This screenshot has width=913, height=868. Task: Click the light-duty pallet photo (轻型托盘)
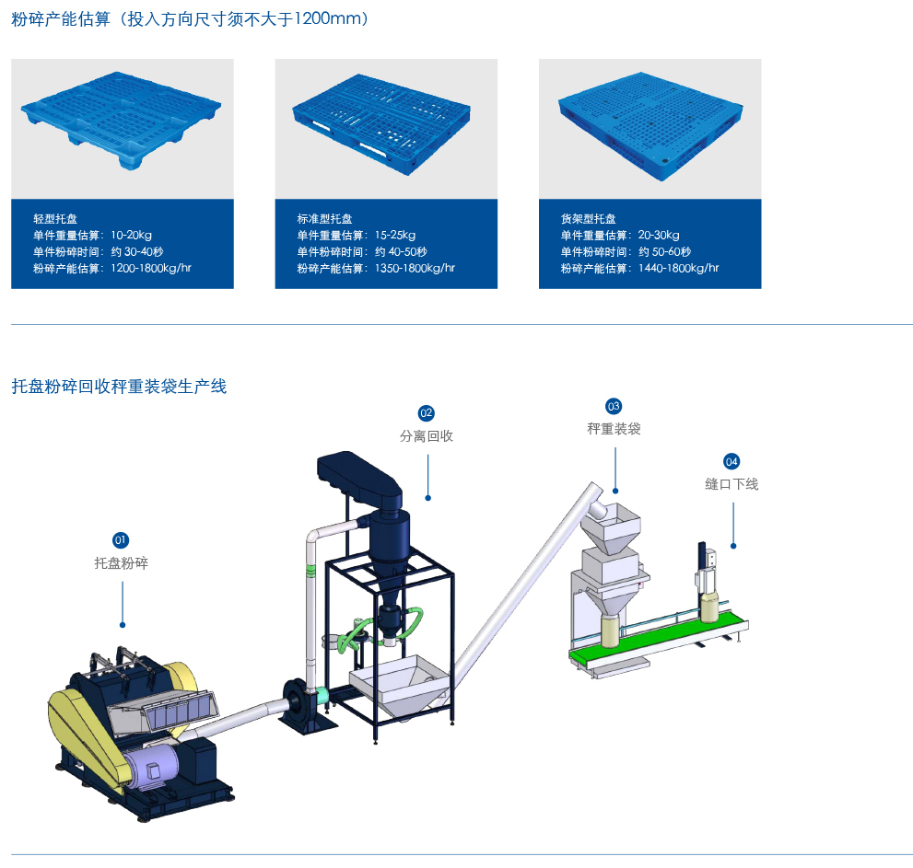point(122,128)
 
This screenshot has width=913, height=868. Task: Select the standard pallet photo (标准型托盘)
point(386,128)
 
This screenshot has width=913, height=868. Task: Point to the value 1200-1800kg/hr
point(151,269)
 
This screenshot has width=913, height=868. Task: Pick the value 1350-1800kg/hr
point(415,269)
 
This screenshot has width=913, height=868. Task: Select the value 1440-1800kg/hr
point(678,269)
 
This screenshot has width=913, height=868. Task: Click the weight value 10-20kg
point(131,236)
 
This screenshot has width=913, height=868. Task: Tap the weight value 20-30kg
point(659,236)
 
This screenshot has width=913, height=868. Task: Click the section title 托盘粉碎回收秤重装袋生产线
point(119,387)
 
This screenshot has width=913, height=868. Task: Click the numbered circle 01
point(121,539)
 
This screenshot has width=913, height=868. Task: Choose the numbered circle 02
point(427,412)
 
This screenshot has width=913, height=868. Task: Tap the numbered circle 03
point(614,406)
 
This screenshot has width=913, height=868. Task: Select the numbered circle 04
point(732,460)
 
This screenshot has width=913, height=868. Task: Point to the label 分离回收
point(427,436)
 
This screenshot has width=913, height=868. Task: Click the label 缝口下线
point(732,484)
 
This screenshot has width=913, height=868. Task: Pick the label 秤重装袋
point(614,429)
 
